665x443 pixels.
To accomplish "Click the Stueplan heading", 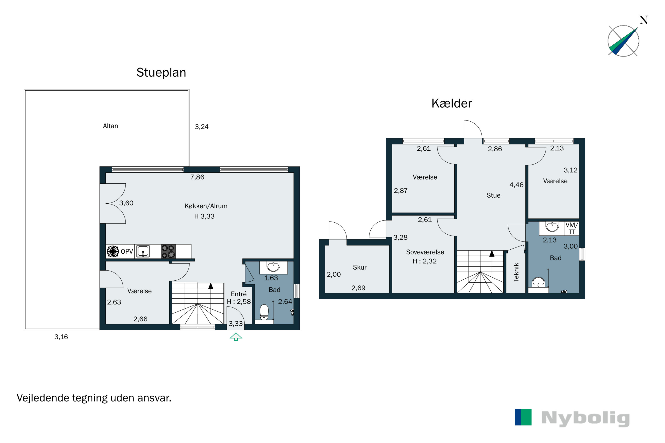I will [x=161, y=73].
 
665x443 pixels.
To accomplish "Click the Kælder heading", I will [x=452, y=103].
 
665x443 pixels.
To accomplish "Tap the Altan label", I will [x=110, y=126].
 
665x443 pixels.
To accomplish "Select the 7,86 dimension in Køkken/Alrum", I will [x=197, y=177].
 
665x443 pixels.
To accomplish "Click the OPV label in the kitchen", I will [x=127, y=251].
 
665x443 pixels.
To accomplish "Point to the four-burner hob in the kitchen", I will [x=168, y=251].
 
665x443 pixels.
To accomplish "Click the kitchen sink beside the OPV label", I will [x=143, y=251].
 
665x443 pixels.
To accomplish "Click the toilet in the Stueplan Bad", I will [x=264, y=312].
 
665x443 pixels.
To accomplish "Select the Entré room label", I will [x=239, y=294].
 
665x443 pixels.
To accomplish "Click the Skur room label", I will [x=359, y=267].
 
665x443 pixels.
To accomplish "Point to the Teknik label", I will [x=516, y=272].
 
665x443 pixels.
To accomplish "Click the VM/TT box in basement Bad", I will [x=571, y=228].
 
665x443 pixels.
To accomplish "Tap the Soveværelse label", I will [x=425, y=252].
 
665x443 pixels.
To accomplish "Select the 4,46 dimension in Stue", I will [x=516, y=185].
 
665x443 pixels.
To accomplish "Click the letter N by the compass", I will [x=643, y=20].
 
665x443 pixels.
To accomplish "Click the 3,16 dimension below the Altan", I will [x=61, y=337].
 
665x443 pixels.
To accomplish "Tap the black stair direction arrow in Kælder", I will [x=492, y=254].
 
